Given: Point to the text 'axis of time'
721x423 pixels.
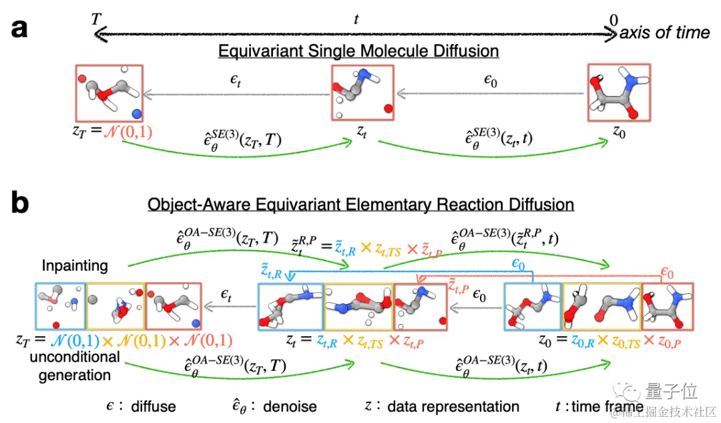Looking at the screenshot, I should (x=665, y=33).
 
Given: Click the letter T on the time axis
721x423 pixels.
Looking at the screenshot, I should (x=98, y=19).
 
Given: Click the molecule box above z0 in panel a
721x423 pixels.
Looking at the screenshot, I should (x=618, y=92).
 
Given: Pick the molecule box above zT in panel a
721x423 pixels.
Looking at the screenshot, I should (x=109, y=92).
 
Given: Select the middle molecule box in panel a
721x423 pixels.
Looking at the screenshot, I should (x=363, y=92).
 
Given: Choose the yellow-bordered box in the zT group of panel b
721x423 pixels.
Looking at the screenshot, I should (x=116, y=306).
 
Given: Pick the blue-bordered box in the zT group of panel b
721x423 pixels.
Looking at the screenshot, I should (x=61, y=306).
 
